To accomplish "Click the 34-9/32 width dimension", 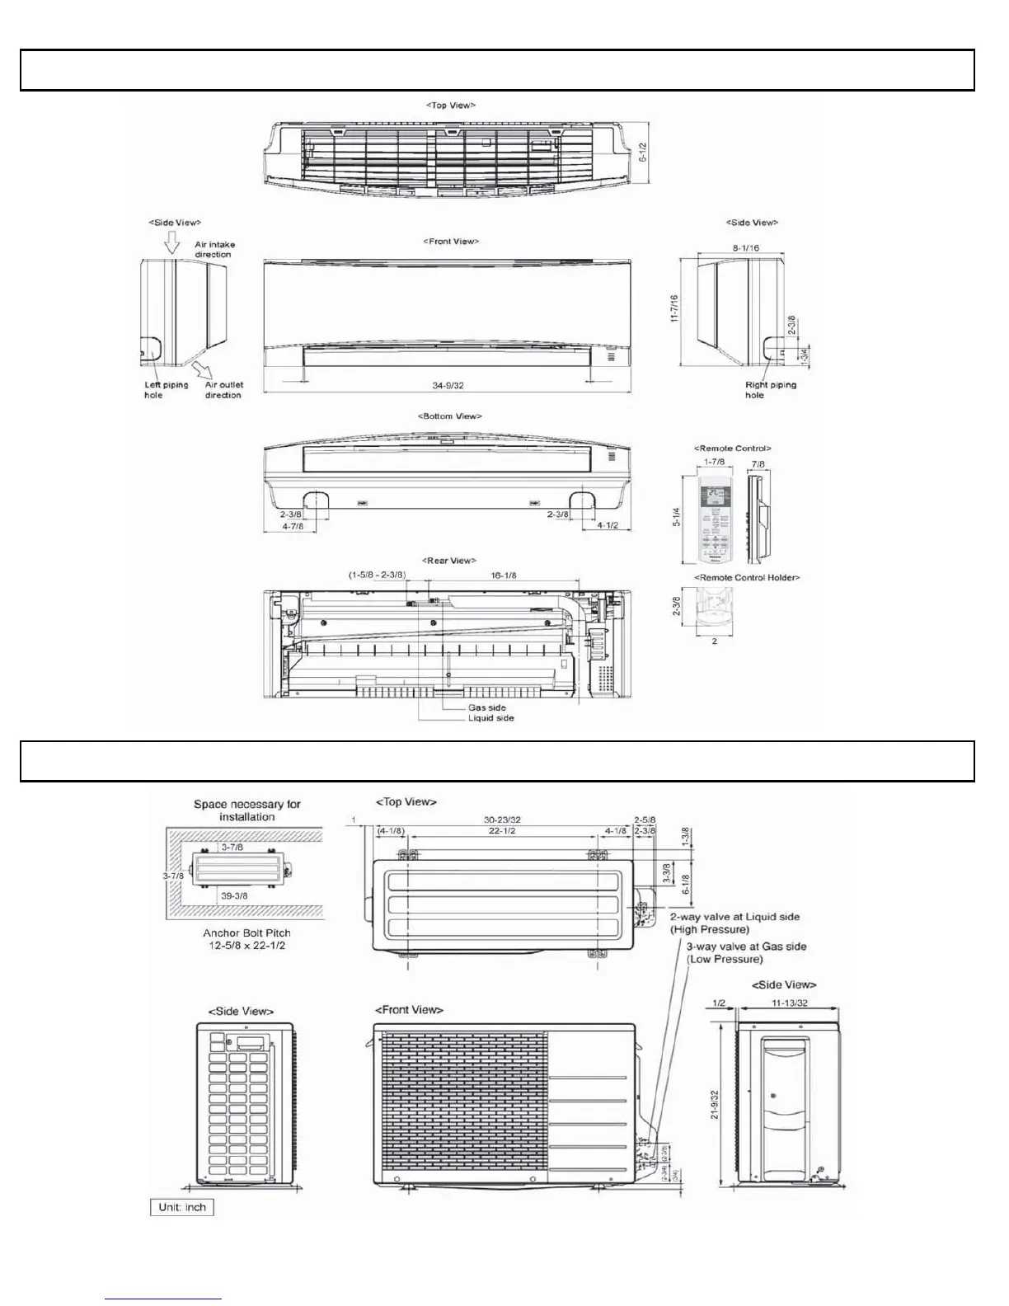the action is click(x=453, y=385).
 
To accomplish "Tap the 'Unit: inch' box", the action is click(x=182, y=1207).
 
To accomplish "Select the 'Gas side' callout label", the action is click(x=486, y=707).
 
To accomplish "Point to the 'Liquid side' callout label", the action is click(x=490, y=718).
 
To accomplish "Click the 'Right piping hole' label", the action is click(x=771, y=389).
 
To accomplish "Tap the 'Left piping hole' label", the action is click(x=166, y=389).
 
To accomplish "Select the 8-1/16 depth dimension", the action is click(x=745, y=247).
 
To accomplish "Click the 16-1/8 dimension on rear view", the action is click(x=503, y=575).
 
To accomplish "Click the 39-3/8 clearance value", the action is click(x=234, y=895).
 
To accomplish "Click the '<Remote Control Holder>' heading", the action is click(x=747, y=577).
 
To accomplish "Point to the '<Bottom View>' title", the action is click(x=450, y=416).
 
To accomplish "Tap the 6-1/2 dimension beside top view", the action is click(x=643, y=152).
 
